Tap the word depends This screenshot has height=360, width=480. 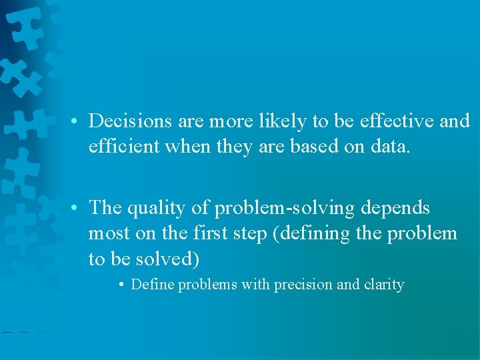[x=395, y=209]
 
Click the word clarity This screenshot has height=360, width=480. [x=384, y=285]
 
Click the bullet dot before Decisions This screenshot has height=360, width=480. [x=78, y=122]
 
